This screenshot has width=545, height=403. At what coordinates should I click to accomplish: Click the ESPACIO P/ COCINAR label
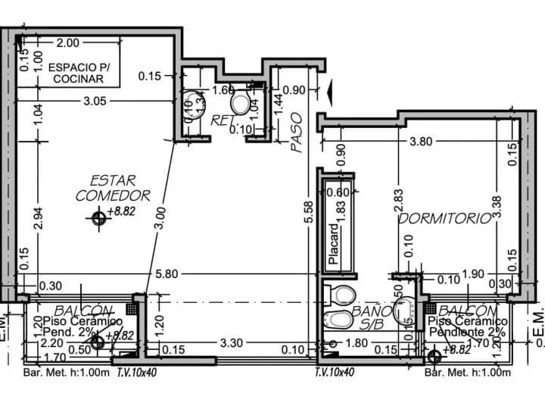pos(79,73)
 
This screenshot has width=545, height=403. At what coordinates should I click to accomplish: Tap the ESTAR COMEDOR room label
pos(113,188)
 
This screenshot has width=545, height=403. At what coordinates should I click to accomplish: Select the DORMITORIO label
pos(445,219)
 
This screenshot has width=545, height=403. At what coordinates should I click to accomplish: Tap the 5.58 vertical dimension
pos(307,211)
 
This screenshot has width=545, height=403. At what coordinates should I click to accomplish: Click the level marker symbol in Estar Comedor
pos(98,219)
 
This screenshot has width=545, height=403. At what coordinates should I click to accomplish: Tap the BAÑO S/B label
pos(371,317)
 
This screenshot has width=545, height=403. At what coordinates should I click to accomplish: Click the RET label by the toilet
pos(221,120)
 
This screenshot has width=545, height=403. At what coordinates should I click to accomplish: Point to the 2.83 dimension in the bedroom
pos(399,200)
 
